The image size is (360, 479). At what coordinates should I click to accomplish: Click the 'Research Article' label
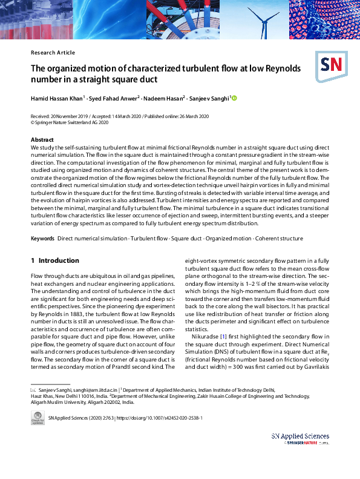click(53, 53)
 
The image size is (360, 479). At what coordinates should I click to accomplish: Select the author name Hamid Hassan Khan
click(57, 98)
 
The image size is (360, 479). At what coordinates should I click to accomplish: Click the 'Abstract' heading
click(42, 140)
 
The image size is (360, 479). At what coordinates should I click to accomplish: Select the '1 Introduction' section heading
click(54, 260)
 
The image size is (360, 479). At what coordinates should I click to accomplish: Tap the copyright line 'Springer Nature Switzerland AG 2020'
click(72, 122)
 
